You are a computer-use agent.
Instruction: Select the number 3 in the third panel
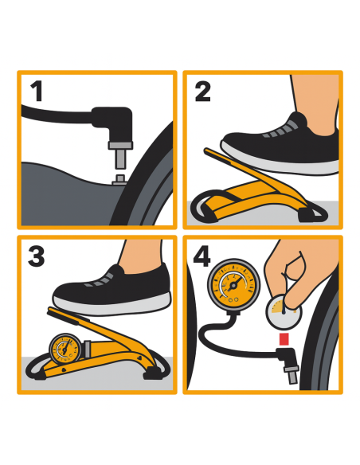[37, 256]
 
